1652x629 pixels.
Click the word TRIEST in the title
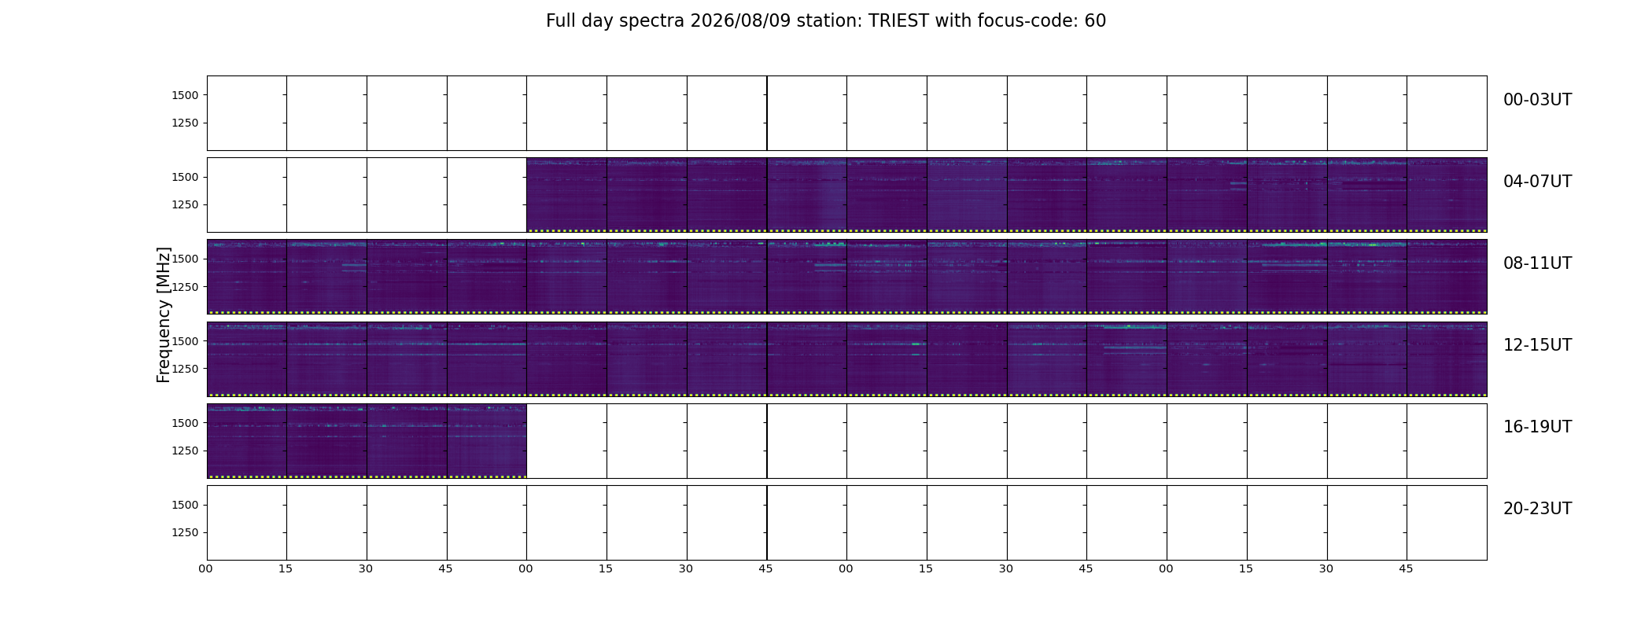point(898,21)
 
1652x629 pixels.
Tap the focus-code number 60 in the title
point(1095,21)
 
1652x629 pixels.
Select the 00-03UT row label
point(1537,100)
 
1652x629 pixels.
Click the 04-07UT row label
point(1537,182)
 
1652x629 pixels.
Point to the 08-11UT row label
point(1537,263)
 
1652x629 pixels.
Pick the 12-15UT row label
point(1537,345)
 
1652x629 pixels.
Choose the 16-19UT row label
point(1537,427)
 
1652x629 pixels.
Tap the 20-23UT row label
point(1537,509)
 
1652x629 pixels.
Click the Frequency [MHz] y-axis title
point(164,314)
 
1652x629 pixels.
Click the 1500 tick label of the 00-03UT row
point(185,95)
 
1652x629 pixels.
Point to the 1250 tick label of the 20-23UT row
point(185,532)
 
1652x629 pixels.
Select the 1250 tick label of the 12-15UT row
point(185,369)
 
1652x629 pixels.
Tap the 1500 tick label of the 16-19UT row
point(185,423)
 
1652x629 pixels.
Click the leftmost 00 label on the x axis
point(206,568)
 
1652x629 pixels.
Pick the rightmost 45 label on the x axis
point(1407,568)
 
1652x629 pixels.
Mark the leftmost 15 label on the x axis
point(286,568)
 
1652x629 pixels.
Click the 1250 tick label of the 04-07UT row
point(185,205)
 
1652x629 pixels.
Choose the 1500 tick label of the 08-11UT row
point(185,259)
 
